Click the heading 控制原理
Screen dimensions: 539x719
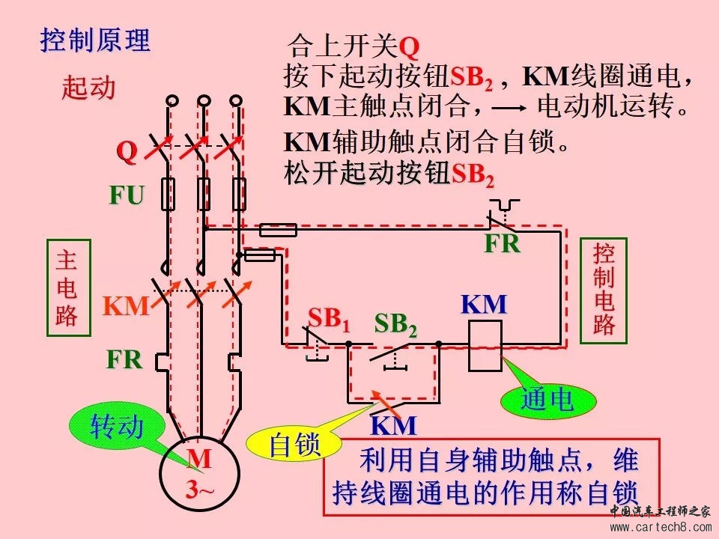click(95, 40)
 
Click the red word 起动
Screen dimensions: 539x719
click(88, 88)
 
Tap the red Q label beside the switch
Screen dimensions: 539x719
click(127, 152)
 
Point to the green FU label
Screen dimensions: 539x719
click(127, 196)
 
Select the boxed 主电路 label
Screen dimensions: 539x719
click(67, 288)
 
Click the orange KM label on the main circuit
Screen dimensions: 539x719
click(126, 306)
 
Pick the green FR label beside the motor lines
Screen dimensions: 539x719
click(124, 359)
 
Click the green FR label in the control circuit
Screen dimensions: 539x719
click(502, 244)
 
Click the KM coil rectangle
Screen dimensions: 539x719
click(485, 346)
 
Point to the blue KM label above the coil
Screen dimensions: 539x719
click(484, 305)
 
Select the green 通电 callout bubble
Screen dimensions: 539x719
click(547, 401)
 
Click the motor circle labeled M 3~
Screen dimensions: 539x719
click(199, 473)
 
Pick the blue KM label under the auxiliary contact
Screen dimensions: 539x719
click(394, 426)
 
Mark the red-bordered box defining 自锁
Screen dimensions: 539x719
click(491, 477)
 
